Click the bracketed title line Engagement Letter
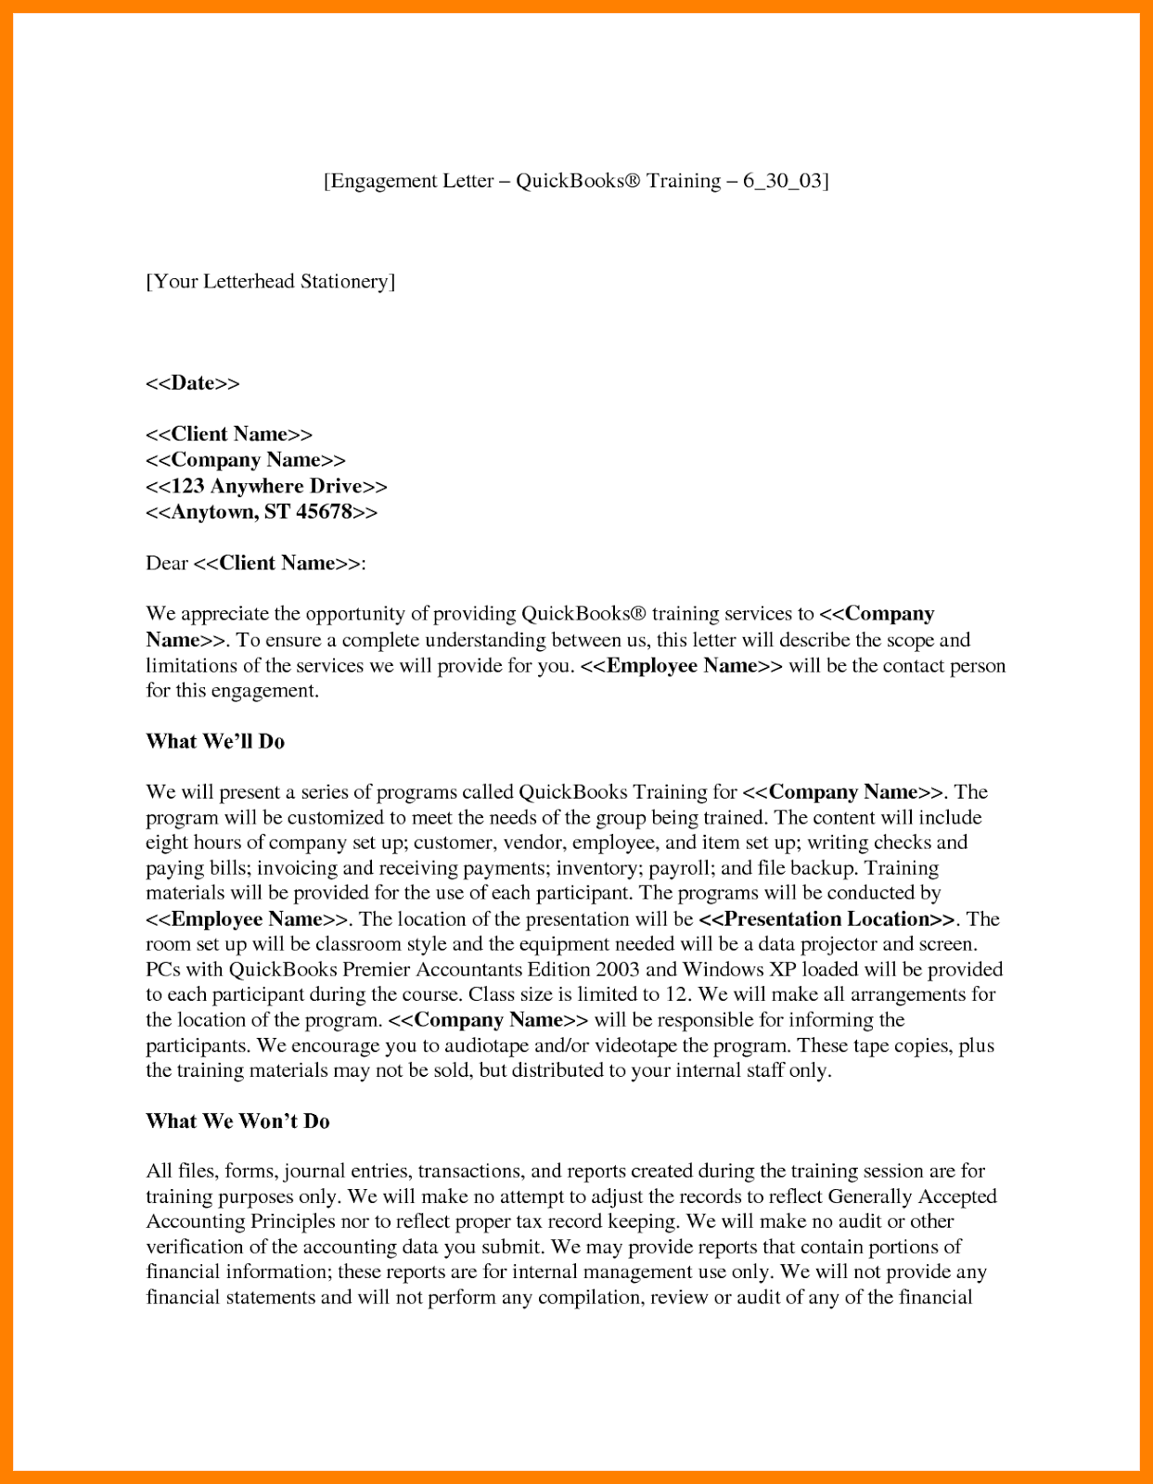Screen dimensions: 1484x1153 click(x=575, y=181)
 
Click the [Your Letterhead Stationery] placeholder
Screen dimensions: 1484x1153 click(x=270, y=281)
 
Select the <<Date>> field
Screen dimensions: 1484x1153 click(x=192, y=383)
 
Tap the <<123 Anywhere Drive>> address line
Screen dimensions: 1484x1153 click(x=266, y=486)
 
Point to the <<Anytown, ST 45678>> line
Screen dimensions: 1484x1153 click(x=262, y=512)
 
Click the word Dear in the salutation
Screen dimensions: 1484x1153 click(x=167, y=563)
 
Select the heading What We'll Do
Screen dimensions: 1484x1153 click(x=215, y=741)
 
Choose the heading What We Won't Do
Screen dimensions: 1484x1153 click(x=237, y=1121)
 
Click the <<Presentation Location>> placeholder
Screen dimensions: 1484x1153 click(x=826, y=919)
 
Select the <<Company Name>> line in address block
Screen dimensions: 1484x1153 click(x=246, y=460)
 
